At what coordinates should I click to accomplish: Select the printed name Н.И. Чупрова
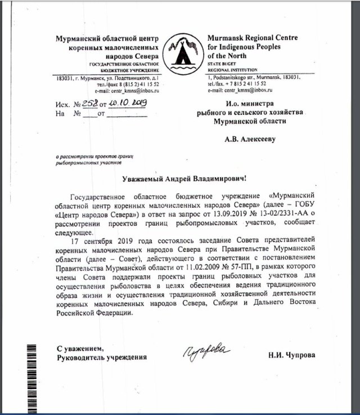tap(293, 356)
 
